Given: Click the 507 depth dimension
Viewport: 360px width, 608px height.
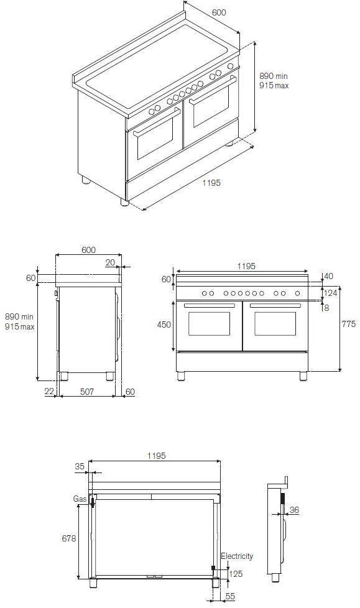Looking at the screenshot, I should click(x=87, y=392).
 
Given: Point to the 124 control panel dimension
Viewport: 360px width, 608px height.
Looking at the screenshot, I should click(x=330, y=293).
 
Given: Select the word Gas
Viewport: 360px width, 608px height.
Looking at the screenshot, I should click(x=79, y=499).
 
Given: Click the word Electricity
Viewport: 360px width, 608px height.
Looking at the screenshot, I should click(x=237, y=556).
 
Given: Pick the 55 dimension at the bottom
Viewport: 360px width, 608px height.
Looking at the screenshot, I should click(x=229, y=596).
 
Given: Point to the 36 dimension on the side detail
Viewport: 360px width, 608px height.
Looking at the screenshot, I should click(x=294, y=510).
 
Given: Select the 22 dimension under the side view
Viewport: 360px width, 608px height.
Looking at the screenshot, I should click(x=49, y=391).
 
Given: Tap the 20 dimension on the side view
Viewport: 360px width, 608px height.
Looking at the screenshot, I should click(x=110, y=263).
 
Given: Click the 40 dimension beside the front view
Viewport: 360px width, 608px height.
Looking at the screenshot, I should click(x=329, y=276).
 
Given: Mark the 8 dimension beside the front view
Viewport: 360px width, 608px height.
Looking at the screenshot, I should click(x=326, y=308).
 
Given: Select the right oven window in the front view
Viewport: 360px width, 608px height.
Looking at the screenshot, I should click(x=275, y=324).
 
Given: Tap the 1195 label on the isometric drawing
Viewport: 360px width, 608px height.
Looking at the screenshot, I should click(x=211, y=183).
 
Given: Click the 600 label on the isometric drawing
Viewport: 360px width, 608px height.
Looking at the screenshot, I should click(x=218, y=12).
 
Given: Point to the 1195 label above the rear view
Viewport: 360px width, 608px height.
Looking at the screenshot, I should click(x=156, y=456).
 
